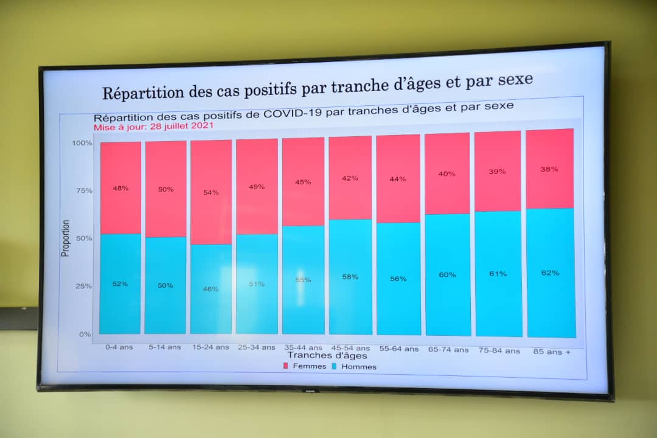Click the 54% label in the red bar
pyautogui.click(x=211, y=192)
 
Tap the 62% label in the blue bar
pyautogui.click(x=550, y=273)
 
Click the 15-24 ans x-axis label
pyautogui.click(x=210, y=347)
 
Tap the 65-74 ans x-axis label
pyautogui.click(x=448, y=350)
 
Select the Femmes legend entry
pyautogui.click(x=304, y=366)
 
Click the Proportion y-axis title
pyautogui.click(x=66, y=238)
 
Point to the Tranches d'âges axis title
pyautogui.click(x=327, y=355)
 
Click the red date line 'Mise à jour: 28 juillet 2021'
pyautogui.click(x=153, y=127)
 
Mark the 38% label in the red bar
pyautogui.click(x=549, y=169)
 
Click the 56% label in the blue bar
pyautogui.click(x=398, y=279)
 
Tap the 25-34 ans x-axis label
pyautogui.click(x=257, y=347)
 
